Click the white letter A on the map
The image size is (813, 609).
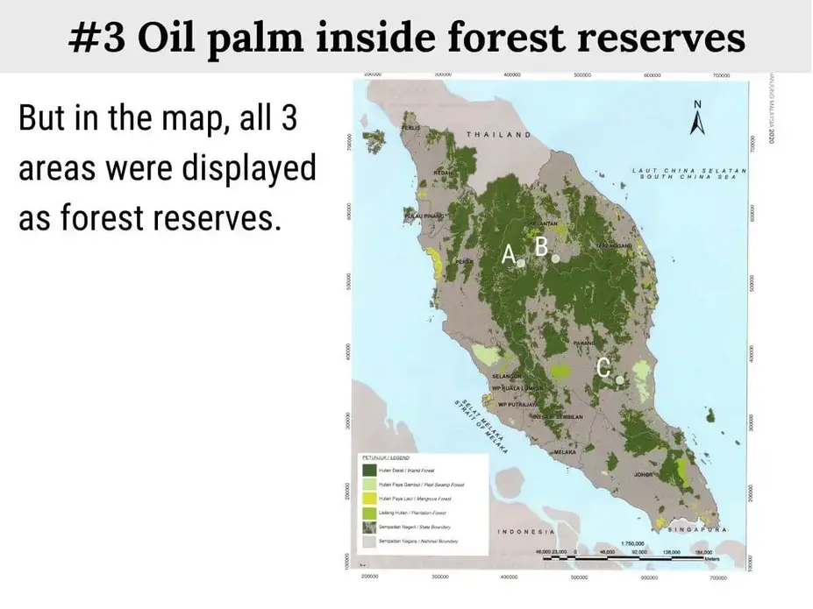508,254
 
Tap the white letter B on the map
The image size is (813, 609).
541,248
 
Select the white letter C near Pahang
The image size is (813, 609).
603,368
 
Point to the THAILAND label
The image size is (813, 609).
498,135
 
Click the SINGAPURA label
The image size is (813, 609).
699,530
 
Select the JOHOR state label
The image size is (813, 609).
645,474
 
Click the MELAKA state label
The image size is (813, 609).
565,451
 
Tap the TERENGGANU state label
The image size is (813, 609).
616,246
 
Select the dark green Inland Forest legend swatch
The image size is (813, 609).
369,471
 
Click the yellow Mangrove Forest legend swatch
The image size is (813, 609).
369,498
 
